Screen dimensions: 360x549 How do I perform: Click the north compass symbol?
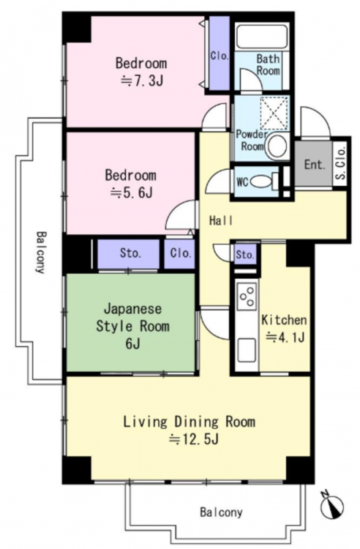click(332, 506)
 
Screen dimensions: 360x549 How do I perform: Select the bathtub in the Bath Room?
click(262, 37)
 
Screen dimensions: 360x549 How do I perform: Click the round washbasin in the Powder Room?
click(277, 146)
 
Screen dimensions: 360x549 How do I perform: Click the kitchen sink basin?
click(247, 350)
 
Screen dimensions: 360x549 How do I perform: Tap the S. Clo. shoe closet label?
click(340, 163)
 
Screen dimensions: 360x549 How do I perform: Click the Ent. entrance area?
click(313, 164)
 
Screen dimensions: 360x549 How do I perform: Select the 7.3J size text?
click(141, 81)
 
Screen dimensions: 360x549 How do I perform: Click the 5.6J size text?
click(131, 193)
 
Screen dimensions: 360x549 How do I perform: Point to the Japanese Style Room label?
click(132, 326)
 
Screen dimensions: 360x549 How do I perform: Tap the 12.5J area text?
click(194, 438)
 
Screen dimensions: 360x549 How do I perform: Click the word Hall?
click(221, 220)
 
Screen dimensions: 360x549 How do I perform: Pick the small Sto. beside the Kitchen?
click(245, 255)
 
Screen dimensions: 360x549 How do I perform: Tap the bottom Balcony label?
click(221, 512)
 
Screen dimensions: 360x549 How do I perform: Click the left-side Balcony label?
click(41, 252)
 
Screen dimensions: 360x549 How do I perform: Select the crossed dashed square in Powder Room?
click(274, 113)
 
